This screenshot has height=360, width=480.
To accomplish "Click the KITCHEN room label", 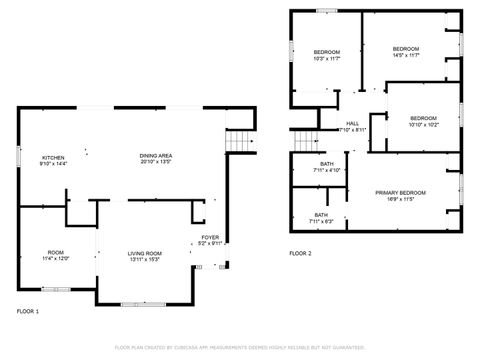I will click(x=52, y=158).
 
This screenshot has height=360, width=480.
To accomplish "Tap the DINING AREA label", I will click(x=154, y=157).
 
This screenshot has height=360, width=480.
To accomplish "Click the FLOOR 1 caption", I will click(x=28, y=312).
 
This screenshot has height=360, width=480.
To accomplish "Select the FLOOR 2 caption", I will click(x=301, y=254).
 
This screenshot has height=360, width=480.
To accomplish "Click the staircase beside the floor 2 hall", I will click(x=305, y=142).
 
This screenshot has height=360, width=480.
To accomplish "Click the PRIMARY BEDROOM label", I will click(x=400, y=192).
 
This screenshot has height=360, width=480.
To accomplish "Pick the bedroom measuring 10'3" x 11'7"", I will click(x=327, y=58).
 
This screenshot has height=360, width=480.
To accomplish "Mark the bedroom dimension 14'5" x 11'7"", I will click(x=405, y=55).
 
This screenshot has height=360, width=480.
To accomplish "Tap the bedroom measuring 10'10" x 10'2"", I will click(x=424, y=125).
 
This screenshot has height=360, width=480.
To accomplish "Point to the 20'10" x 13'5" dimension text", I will click(x=154, y=164).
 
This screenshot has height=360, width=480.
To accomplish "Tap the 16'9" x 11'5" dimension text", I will click(x=400, y=199).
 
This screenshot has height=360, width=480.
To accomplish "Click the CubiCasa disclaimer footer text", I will click(x=239, y=347).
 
